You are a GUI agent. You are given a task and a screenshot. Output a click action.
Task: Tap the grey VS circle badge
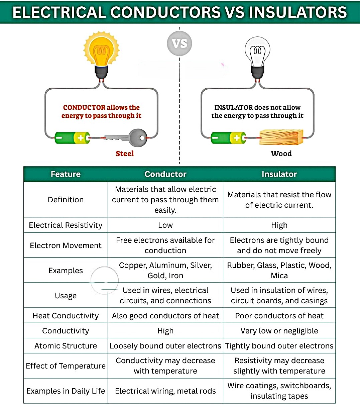click(x=179, y=43)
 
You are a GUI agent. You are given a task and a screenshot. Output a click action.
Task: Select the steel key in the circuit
click(x=125, y=138)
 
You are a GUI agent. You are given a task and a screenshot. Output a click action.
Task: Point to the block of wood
click(x=281, y=137)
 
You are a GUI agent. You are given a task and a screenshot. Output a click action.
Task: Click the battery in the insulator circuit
click(x=229, y=138)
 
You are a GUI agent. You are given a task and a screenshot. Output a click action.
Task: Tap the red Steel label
click(x=125, y=153)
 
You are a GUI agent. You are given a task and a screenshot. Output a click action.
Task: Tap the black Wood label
click(x=281, y=153)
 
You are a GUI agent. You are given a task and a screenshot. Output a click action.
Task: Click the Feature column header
click(x=66, y=174)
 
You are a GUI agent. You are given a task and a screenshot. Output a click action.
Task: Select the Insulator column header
click(x=279, y=174)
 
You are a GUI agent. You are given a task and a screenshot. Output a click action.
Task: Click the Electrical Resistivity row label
click(x=66, y=225)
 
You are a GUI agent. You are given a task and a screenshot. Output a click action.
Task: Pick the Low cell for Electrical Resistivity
click(x=165, y=225)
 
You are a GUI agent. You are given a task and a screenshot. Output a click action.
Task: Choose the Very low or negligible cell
click(x=279, y=331)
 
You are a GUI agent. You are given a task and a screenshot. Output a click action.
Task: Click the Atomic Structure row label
click(x=66, y=346)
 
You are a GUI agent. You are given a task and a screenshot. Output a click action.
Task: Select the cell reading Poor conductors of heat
click(x=279, y=316)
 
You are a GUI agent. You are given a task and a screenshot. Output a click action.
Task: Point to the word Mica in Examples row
click(x=279, y=276)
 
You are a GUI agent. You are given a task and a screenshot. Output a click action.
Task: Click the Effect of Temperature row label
click(x=66, y=366)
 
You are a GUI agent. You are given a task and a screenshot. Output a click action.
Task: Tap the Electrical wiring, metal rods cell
click(x=165, y=391)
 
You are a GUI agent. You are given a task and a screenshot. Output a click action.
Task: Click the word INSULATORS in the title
click(x=298, y=12)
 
